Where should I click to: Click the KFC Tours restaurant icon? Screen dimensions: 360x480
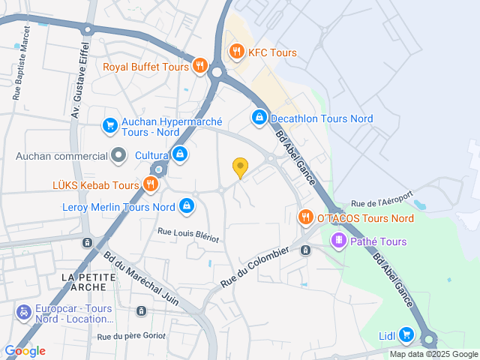point(236,52)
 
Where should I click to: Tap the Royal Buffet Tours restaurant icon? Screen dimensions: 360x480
point(199,65)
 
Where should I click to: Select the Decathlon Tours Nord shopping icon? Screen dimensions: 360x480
point(259,118)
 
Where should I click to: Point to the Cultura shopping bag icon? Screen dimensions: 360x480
point(179,155)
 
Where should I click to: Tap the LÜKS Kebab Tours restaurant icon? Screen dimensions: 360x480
point(151,184)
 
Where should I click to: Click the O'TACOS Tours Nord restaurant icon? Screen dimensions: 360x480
point(305,217)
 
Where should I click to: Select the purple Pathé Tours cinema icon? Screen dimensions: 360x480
point(339,241)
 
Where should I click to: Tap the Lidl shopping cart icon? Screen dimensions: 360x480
point(406,334)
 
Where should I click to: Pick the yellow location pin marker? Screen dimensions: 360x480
point(240,168)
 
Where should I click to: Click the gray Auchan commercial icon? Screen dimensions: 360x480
point(118,156)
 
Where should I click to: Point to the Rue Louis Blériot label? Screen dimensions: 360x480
point(187,235)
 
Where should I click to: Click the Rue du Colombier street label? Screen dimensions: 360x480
point(255,266)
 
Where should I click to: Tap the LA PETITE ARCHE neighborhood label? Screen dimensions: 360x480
point(88,283)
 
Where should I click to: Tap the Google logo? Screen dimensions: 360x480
point(25,350)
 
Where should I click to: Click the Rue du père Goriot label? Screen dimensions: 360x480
point(130,336)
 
